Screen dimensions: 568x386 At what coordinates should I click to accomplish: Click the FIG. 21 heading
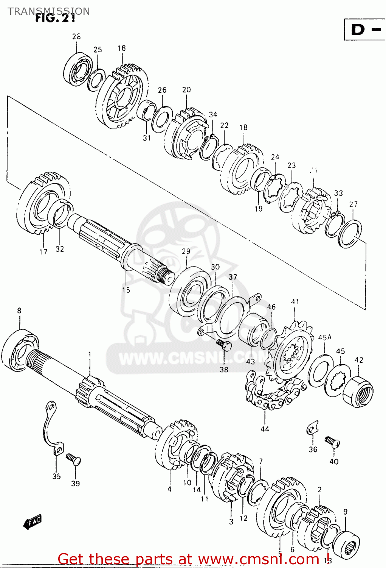[55, 18]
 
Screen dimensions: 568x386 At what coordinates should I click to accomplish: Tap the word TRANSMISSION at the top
[48, 11]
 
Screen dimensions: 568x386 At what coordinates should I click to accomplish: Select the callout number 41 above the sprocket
[295, 302]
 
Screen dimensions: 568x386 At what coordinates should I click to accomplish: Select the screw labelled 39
[73, 459]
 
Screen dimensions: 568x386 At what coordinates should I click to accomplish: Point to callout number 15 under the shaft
[126, 290]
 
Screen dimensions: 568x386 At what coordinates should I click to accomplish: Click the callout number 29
[186, 251]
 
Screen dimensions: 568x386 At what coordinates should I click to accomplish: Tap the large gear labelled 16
[121, 97]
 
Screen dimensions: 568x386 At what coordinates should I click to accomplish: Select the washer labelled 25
[96, 80]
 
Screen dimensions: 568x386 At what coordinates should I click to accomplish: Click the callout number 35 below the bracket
[56, 476]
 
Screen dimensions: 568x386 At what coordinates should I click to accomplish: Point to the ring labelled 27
[350, 233]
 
